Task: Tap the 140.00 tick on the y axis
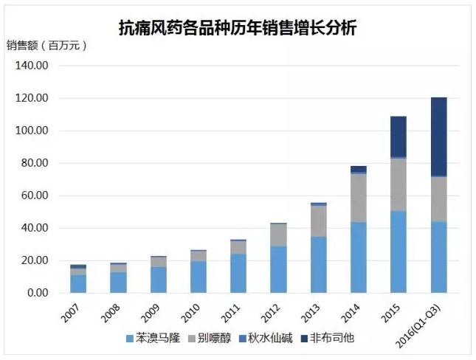pos(32,66)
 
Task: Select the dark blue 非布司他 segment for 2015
pos(399,136)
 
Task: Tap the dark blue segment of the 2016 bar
pos(438,136)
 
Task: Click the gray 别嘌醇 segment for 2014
pos(359,198)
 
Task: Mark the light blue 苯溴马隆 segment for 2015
pos(399,252)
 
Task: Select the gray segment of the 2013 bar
pos(319,221)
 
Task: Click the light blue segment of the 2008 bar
pos(118,283)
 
